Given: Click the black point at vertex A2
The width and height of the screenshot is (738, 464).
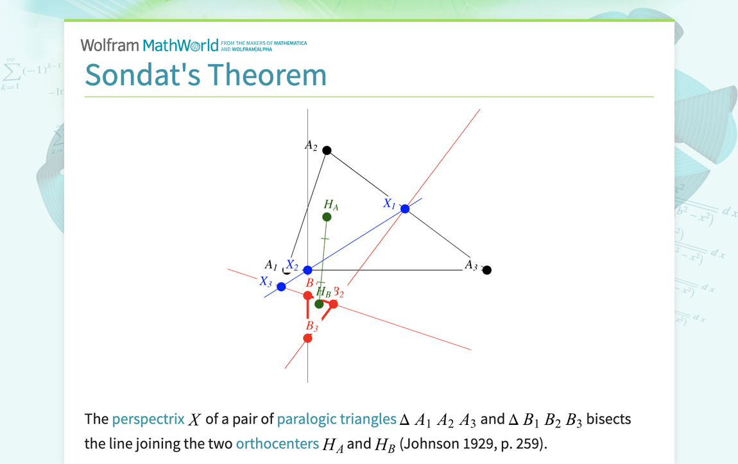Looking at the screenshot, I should coord(327,151).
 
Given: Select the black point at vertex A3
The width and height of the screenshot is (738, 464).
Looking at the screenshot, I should coord(487,270).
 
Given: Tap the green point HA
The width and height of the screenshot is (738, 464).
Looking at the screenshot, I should coord(327,217).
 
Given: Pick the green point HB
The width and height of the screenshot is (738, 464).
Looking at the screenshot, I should coord(319,304).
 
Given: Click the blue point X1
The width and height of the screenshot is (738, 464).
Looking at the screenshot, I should coord(405,209).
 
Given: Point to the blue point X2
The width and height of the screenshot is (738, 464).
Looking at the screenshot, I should coord(308,270).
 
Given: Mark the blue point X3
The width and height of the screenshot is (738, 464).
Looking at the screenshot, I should coord(281,286).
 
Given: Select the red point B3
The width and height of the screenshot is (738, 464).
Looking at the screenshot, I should coord(308,338).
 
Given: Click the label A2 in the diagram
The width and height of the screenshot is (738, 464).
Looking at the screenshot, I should coord(311,146).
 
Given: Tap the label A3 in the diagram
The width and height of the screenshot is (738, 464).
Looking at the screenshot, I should coord(471,265).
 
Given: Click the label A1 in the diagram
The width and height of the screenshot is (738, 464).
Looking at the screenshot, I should coord(271,265).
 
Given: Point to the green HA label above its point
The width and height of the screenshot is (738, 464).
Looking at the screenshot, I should coord(331,205).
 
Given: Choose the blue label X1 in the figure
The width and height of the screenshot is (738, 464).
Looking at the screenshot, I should coord(390,204).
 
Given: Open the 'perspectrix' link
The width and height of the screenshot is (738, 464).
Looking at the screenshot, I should coord(148,420).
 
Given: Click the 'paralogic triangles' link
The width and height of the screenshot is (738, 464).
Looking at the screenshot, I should coord(337,420).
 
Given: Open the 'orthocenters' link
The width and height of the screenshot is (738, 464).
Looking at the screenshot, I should coord(277,443).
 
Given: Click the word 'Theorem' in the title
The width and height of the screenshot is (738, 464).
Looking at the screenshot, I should coord(267,74).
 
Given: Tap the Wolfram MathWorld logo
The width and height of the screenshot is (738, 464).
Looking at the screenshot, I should coord(150,45).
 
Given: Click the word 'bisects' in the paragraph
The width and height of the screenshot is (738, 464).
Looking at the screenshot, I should coord(609,420).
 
